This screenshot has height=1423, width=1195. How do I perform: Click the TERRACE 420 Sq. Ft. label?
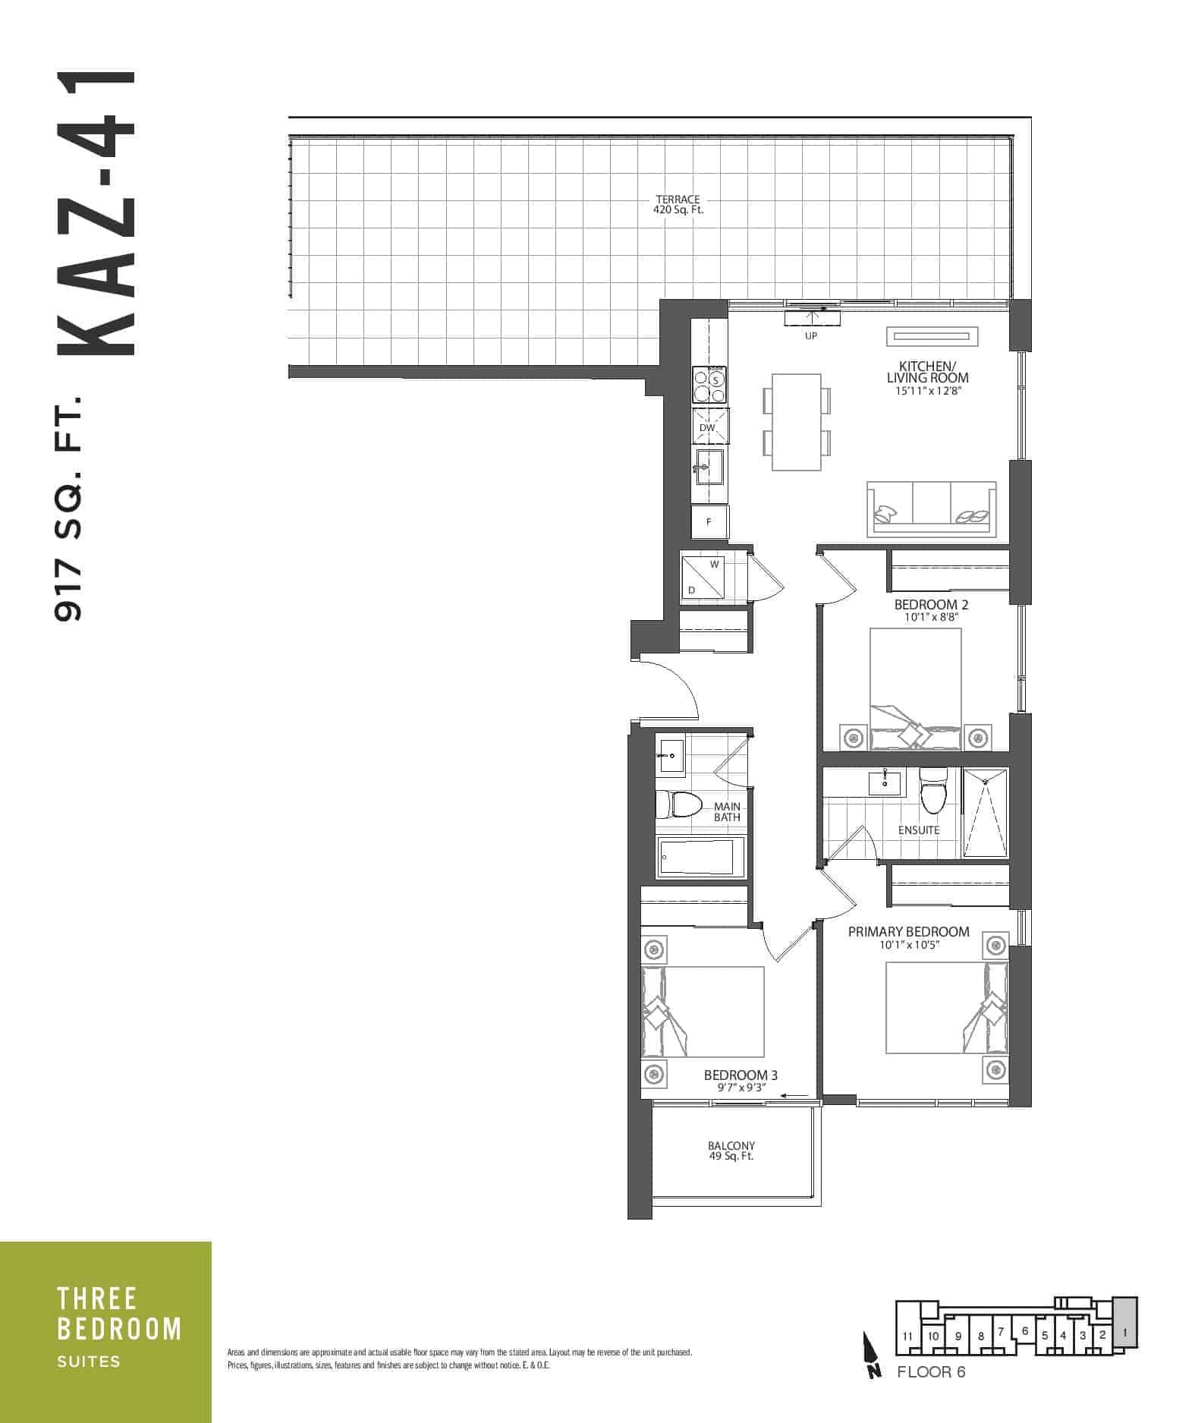(678, 204)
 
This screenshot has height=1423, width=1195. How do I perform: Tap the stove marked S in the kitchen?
(709, 386)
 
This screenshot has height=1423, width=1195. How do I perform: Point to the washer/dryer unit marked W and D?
(702, 578)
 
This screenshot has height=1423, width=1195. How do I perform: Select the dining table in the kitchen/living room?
(796, 421)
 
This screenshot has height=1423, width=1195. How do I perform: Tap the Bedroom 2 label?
(931, 610)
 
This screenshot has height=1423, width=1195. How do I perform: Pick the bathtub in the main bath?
(700, 858)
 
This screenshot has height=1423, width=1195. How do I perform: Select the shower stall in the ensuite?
(986, 812)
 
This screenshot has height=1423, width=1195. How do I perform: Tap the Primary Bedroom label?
(908, 937)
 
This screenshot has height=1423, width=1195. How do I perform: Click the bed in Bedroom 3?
(703, 1012)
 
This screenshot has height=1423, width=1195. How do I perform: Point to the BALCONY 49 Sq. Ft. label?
(731, 1151)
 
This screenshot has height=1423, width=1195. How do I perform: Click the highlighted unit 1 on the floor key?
(1125, 1331)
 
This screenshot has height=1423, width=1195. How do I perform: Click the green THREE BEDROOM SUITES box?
(105, 1332)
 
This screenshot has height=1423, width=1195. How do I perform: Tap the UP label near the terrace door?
(811, 335)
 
